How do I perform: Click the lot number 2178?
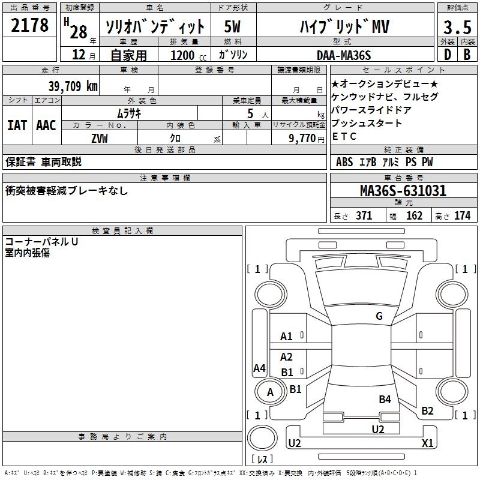tap(29, 25)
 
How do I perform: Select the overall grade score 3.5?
tap(457, 27)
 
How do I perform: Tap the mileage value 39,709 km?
tap(73, 86)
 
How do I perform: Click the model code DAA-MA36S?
tap(344, 55)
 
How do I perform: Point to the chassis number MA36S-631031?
tap(403, 191)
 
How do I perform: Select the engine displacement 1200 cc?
tap(188, 55)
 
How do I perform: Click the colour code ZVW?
tap(100, 139)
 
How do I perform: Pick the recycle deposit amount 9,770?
tap(302, 139)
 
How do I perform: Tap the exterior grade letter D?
tap(448, 55)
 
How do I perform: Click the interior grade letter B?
tap(467, 55)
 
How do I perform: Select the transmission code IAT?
tap(17, 125)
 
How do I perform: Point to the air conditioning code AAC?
tap(46, 125)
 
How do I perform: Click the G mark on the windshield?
tap(379, 316)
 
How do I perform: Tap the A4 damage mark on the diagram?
tap(259, 368)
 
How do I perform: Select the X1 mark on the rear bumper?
tap(427, 443)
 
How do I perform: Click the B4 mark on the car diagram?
tap(385, 399)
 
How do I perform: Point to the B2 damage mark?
tap(427, 410)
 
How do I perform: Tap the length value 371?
tap(364, 215)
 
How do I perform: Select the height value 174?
tap(462, 215)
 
